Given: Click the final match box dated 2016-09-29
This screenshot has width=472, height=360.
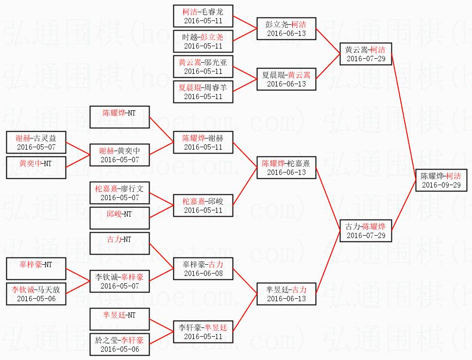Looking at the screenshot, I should [x=441, y=180].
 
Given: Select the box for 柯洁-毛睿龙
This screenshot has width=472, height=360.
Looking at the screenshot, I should [x=203, y=16].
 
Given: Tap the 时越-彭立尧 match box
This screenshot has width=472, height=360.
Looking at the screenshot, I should [x=203, y=41].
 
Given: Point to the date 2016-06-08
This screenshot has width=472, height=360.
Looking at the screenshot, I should [x=203, y=274].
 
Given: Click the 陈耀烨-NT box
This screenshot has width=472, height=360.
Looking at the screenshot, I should [x=119, y=117].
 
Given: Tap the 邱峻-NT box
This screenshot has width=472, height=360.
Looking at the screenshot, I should [x=119, y=218].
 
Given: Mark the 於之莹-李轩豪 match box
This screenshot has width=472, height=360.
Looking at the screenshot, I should [x=119, y=344].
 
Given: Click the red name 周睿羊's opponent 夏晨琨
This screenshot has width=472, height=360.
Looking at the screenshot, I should [x=189, y=86].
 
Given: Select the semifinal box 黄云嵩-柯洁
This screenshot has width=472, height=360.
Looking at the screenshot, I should [x=365, y=54].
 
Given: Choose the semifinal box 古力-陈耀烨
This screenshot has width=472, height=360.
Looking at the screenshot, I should [x=365, y=231].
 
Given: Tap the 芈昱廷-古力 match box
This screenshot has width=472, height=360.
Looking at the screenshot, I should [x=287, y=294].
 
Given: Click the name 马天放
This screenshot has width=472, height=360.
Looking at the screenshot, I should [x=50, y=290].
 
